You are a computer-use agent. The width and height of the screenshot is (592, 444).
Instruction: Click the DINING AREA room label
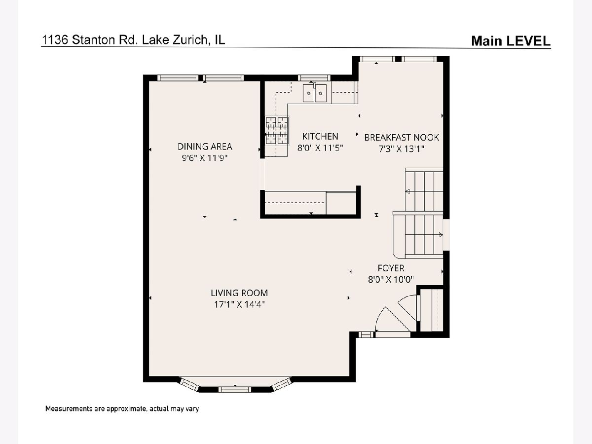tap(205, 147)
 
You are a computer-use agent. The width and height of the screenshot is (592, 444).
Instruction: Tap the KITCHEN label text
tap(320, 137)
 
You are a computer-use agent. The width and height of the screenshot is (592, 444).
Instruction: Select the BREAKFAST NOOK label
tap(402, 138)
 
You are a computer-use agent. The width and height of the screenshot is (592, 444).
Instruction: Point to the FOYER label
tap(391, 268)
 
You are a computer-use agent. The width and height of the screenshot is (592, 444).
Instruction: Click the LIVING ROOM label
tap(239, 293)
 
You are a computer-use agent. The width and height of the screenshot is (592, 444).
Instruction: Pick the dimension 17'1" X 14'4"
tap(239, 304)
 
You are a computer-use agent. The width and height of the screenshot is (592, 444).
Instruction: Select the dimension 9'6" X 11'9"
tap(205, 158)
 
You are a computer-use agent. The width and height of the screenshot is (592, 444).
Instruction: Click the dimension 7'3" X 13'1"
tap(402, 149)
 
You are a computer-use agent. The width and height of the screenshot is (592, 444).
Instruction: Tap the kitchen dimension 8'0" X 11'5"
tap(320, 148)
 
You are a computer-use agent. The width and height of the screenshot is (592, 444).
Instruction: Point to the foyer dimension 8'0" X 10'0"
tap(391, 280)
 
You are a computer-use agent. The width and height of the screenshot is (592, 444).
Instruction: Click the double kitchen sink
tap(315, 93)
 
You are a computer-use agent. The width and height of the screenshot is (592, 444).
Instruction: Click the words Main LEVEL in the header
tap(511, 41)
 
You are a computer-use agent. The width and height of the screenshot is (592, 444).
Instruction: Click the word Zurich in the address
tap(189, 40)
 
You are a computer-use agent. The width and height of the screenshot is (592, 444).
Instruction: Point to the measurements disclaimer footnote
tap(122, 408)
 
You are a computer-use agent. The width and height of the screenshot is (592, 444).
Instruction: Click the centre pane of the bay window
tap(235, 389)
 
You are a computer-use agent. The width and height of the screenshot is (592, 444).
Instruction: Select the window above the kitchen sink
tap(314, 78)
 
